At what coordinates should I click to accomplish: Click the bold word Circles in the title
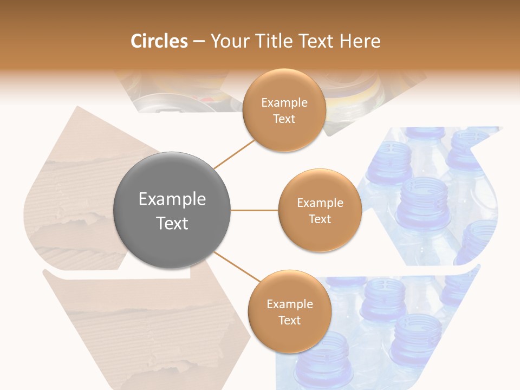pyautogui.click(x=159, y=41)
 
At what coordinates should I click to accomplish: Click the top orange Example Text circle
pyautogui.click(x=284, y=87)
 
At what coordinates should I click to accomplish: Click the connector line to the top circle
pyautogui.click(x=234, y=154)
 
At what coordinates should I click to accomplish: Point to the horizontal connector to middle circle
pyautogui.click(x=255, y=210)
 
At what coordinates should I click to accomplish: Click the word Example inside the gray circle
pyautogui.click(x=172, y=199)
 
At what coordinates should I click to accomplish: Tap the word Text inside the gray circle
pyautogui.click(x=172, y=223)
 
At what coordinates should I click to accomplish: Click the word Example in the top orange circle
pyautogui.click(x=284, y=102)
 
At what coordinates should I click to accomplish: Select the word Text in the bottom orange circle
pyautogui.click(x=289, y=320)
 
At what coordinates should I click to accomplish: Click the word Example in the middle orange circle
pyautogui.click(x=320, y=203)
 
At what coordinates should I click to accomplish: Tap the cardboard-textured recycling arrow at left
pyautogui.click(x=70, y=190)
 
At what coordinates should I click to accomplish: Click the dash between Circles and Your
pyautogui.click(x=199, y=42)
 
